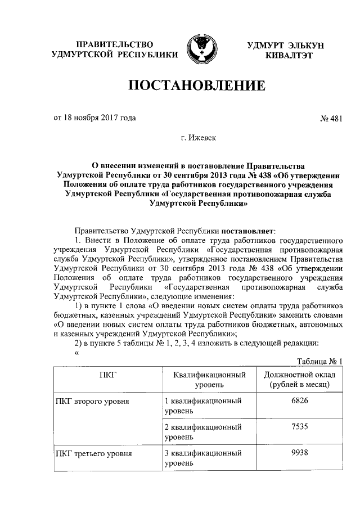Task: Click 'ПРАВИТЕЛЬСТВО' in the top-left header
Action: (114, 44)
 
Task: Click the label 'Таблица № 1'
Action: (319, 361)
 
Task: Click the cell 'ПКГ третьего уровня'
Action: (93, 453)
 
